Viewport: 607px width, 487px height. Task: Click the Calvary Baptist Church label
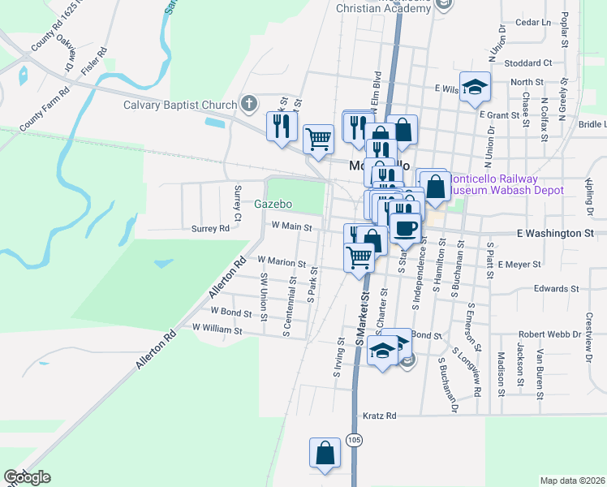tap(179, 104)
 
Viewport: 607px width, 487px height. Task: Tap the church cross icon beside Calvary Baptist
tap(248, 104)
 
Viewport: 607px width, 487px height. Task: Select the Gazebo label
tap(273, 204)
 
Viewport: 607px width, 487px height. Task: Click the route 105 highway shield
tap(353, 440)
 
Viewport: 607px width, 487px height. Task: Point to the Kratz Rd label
tap(379, 416)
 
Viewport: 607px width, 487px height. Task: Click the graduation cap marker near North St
tap(475, 88)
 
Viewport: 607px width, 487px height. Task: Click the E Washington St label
tap(556, 233)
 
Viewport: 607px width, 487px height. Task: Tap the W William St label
tap(217, 330)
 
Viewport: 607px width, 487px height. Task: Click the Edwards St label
tap(556, 288)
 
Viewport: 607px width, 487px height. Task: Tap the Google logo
tap(27, 477)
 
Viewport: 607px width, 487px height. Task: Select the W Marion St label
tap(281, 263)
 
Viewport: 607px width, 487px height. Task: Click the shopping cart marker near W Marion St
tap(359, 258)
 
